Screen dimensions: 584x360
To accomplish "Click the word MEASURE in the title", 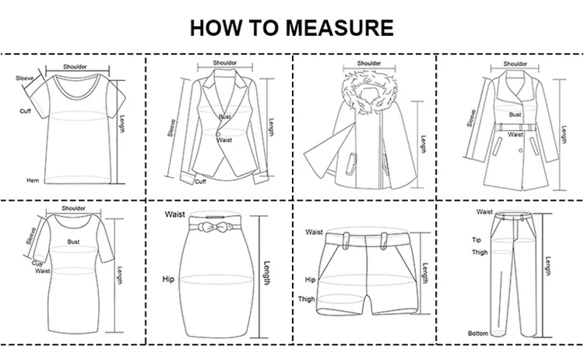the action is point(339,27).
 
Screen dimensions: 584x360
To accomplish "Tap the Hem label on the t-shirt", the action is point(33,181).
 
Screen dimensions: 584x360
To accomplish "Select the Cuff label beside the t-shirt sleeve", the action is point(26,111).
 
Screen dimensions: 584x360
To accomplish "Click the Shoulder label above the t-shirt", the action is point(75,67).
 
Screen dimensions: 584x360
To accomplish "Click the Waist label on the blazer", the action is point(224,140).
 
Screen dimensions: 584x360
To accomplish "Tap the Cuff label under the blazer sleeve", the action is point(200,182).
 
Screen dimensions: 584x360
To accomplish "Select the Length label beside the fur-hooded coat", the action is point(424,144).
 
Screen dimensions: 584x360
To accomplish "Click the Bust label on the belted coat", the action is point(515,115).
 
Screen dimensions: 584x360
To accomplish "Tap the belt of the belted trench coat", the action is point(515,127).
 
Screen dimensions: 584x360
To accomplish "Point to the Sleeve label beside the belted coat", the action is point(472,118).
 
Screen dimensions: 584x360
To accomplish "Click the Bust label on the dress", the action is point(73,242).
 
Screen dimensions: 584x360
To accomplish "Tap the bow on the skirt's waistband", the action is point(209,227).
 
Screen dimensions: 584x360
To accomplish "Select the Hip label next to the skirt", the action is point(168,279).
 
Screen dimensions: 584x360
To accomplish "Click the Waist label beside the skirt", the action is point(175,214).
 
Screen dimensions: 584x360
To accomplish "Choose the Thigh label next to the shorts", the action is point(307,299).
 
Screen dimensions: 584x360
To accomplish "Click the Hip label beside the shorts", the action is point(310,280).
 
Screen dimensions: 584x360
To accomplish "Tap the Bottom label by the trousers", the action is point(478,334).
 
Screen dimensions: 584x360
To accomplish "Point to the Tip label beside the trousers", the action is point(477,240).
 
